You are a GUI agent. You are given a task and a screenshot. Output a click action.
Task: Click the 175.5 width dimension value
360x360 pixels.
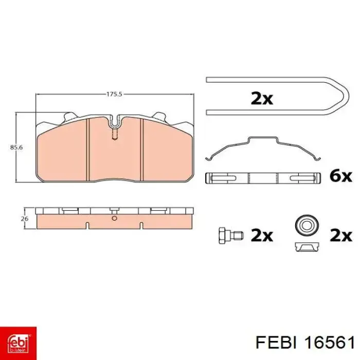(x=114, y=94)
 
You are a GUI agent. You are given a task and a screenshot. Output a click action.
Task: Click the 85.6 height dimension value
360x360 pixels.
(x=16, y=148)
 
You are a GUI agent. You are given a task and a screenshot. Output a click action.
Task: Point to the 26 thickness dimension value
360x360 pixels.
(x=25, y=219)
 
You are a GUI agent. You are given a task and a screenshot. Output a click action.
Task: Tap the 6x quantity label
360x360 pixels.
(x=340, y=176)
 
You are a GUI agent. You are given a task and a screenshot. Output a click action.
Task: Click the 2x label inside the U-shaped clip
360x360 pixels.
(x=262, y=99)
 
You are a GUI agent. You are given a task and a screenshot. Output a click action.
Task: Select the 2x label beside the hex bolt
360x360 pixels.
(x=262, y=236)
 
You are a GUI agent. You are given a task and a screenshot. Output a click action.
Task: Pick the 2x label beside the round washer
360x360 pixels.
(x=340, y=236)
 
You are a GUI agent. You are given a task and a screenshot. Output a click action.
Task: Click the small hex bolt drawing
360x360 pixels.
(x=231, y=236)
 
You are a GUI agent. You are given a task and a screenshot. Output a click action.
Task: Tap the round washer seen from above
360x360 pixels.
(x=307, y=226)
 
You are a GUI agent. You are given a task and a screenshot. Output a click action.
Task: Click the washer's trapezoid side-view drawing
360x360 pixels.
(x=307, y=246)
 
